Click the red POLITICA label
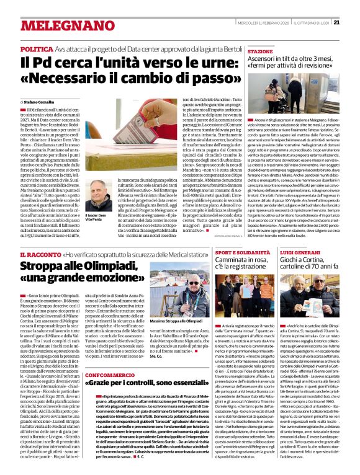37,48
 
